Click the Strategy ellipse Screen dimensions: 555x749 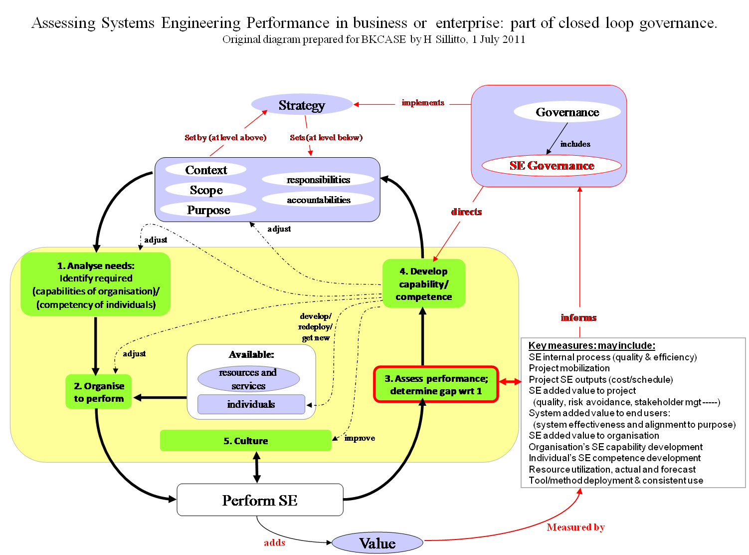point(302,105)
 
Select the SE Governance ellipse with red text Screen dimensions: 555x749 point(552,166)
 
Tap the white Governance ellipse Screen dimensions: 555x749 point(567,112)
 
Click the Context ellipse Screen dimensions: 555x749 point(206,170)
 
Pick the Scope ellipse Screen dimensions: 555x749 point(206,190)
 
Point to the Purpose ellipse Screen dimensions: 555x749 point(208,210)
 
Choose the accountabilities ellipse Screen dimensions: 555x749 point(318,200)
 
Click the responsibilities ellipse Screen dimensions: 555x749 point(318,180)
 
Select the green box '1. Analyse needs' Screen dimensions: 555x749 point(96,284)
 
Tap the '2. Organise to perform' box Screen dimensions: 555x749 point(99,392)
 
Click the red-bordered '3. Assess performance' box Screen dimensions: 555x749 point(436,384)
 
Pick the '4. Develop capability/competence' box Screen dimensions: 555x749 point(424,283)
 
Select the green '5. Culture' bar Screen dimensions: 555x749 point(245,441)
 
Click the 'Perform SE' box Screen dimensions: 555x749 point(260,500)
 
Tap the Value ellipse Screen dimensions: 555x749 point(377,543)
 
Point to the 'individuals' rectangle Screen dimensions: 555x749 point(251,404)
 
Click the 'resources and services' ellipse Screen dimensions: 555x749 point(248,379)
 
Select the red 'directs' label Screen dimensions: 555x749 point(466,212)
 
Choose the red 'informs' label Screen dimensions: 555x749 point(578,317)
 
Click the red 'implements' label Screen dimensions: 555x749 point(422,102)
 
